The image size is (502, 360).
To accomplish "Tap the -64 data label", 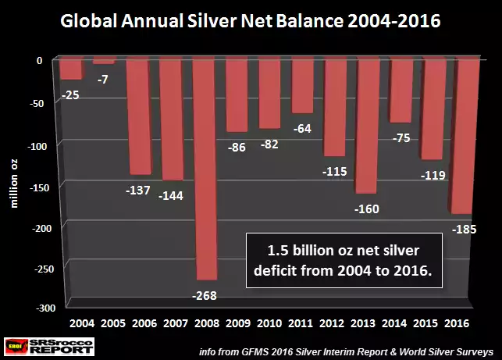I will tap(303, 129).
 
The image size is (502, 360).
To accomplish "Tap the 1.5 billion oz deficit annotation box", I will tap(344, 260).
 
